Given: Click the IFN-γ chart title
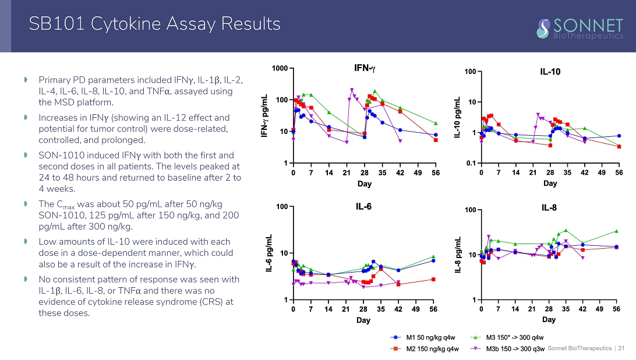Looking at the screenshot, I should (x=365, y=69).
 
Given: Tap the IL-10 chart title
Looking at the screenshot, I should (x=550, y=72).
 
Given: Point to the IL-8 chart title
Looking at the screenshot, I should (x=549, y=207).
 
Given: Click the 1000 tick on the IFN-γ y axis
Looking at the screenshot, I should (x=280, y=69).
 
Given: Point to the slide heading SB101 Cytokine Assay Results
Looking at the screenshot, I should (x=155, y=24).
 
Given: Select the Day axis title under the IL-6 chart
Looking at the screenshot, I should (x=363, y=320).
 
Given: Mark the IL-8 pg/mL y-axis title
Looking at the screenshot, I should (x=458, y=254).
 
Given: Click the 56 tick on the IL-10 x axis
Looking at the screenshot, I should (x=619, y=172).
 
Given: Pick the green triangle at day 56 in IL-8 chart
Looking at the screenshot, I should (x=616, y=231).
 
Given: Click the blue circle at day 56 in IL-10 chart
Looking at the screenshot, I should (x=619, y=136).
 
